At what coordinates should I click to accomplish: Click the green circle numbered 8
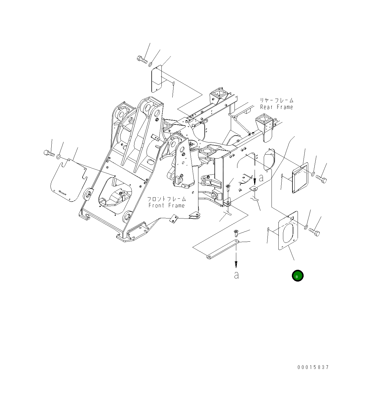tap(297, 276)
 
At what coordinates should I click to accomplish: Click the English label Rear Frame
tap(276, 107)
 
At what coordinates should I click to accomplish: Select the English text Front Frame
tap(167, 206)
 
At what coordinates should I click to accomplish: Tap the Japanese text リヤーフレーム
tap(276, 100)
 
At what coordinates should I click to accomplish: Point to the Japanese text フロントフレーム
tap(167, 199)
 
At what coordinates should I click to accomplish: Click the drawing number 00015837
tap(313, 367)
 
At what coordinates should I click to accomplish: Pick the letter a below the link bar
tap(236, 275)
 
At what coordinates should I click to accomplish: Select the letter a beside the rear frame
tap(261, 178)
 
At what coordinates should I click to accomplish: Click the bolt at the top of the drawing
tap(142, 60)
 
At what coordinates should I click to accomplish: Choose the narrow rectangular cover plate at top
tap(157, 79)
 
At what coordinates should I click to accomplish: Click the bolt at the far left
tap(49, 153)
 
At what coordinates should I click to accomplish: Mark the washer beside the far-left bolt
tap(58, 156)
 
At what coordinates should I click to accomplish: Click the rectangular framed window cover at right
tap(300, 178)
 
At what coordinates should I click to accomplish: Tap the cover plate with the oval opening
tap(288, 231)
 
